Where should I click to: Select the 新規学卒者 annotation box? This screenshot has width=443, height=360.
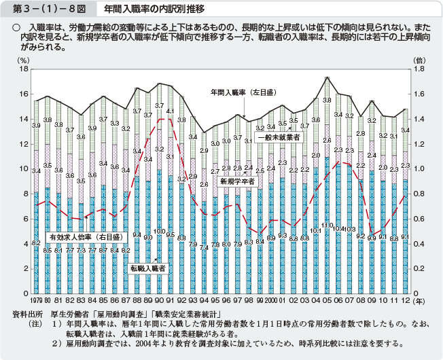pyautogui.click(x=237, y=181)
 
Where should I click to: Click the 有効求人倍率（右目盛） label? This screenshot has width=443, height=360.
pyautogui.click(x=84, y=237)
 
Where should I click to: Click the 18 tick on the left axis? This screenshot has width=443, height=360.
pyautogui.click(x=24, y=69)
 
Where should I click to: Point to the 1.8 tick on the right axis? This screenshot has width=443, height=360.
pyautogui.click(x=419, y=69)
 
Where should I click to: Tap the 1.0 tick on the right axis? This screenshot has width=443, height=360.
pyautogui.click(x=419, y=169)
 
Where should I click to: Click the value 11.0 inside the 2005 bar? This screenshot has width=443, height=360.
pyautogui.click(x=327, y=225)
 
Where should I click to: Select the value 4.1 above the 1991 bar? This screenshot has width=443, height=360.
pyautogui.click(x=171, y=111)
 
